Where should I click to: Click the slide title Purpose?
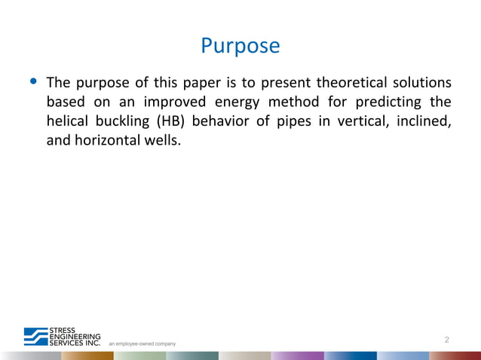coord(240,46)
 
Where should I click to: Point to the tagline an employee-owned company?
coord(142,343)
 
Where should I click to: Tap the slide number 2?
coord(447,340)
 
